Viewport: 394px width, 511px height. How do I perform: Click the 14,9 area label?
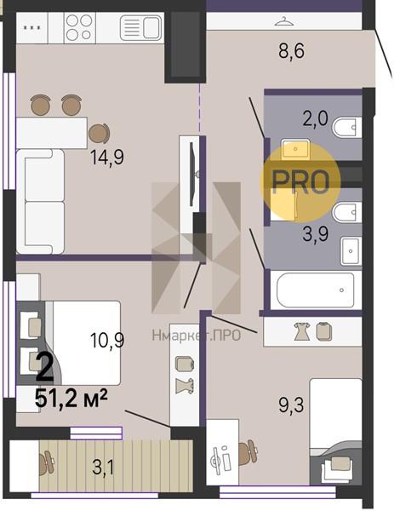[107, 158]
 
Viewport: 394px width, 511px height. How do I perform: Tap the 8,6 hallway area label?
[291, 51]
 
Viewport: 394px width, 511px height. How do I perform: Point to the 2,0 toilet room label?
[315, 118]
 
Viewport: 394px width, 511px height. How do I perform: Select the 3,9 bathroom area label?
[315, 233]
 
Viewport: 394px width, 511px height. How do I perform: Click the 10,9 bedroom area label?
[107, 341]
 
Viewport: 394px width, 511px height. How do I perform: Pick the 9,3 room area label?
[291, 405]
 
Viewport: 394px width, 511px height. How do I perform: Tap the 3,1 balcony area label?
[103, 468]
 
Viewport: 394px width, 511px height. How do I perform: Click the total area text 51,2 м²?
[71, 399]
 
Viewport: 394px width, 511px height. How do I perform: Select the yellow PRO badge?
[300, 181]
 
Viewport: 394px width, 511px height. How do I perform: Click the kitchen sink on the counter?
[141, 28]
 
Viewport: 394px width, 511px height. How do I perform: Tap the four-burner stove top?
[79, 28]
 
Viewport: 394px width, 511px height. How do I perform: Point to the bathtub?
[315, 290]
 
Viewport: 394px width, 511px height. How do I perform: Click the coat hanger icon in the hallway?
[283, 21]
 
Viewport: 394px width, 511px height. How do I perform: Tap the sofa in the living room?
[40, 201]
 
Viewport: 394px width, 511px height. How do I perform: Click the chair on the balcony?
[46, 462]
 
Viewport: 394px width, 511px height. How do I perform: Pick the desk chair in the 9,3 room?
[248, 452]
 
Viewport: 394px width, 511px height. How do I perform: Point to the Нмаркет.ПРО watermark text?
[197, 335]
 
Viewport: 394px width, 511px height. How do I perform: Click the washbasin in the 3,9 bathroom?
[351, 251]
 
